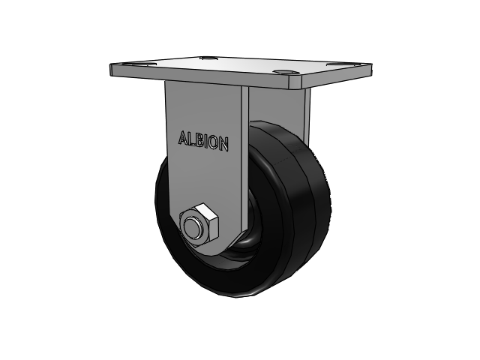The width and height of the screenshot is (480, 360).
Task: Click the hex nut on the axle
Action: [199, 224]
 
